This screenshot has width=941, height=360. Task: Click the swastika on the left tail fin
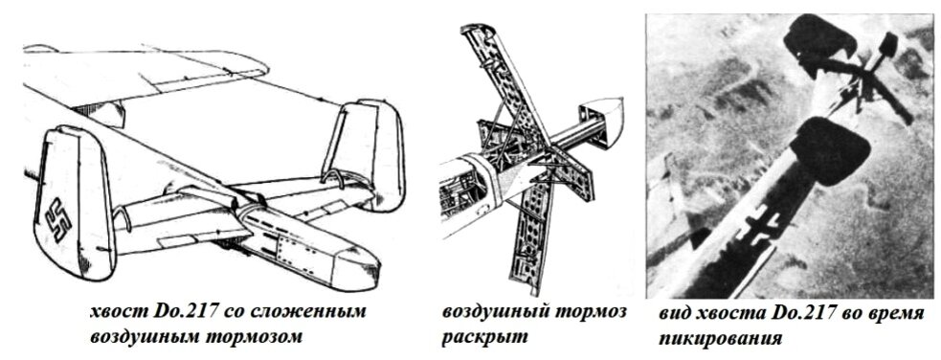pyautogui.click(x=58, y=219)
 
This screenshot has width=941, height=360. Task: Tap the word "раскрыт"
pyautogui.click(x=485, y=337)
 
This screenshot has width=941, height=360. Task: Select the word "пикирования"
pyautogui.click(x=720, y=339)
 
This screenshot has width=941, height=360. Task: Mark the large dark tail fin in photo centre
pyautogui.click(x=831, y=150)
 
